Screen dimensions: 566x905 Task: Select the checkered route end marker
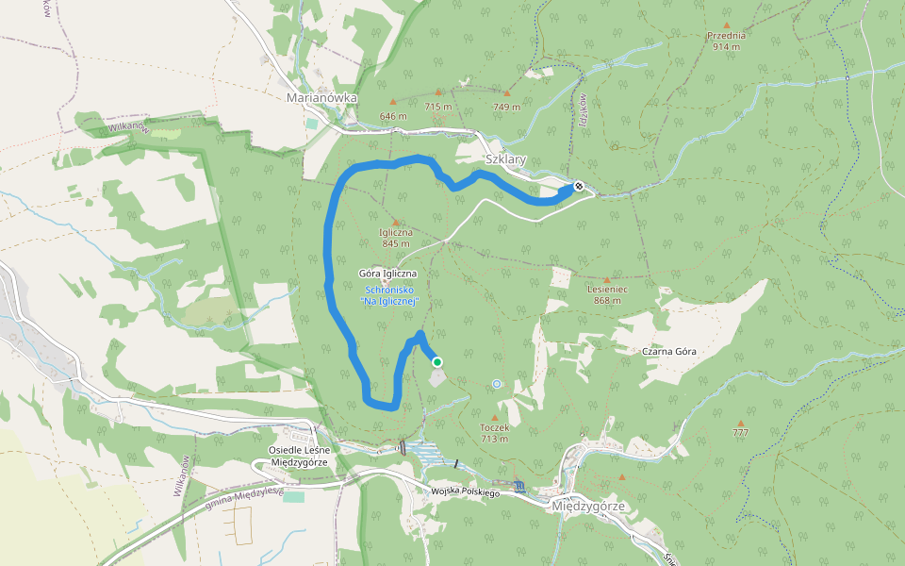tap(578, 187)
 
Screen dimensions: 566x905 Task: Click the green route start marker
tap(436, 361)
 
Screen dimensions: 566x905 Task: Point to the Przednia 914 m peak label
tap(726, 41)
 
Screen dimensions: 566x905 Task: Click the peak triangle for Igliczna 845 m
tap(395, 222)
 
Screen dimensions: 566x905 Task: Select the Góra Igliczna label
tap(387, 274)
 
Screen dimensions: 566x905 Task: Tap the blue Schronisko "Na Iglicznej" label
tap(389, 295)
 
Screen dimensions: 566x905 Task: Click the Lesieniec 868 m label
tap(607, 294)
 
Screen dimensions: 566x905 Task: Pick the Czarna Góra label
tap(669, 351)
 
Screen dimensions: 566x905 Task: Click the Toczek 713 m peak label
tap(495, 432)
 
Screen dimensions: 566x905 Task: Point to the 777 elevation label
tap(742, 433)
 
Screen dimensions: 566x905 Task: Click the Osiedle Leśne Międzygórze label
tap(298, 456)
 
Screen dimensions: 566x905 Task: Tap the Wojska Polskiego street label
tap(465, 492)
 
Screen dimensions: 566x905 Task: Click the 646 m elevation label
tap(393, 116)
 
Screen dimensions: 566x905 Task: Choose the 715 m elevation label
tap(438, 107)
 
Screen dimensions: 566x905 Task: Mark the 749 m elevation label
tap(506, 107)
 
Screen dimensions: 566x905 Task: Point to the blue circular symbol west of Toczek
tap(497, 384)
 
